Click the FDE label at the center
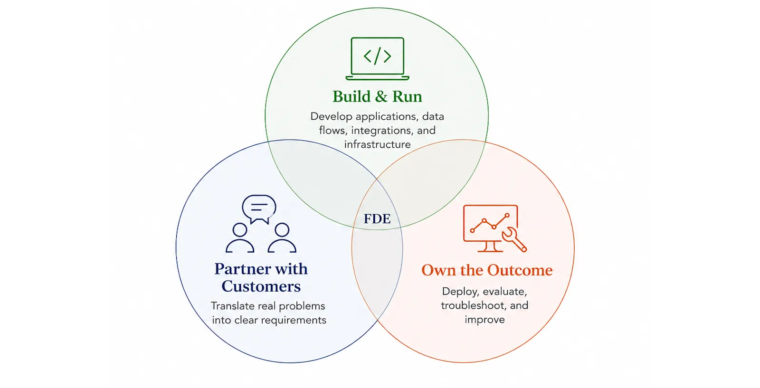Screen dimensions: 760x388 tap(377, 219)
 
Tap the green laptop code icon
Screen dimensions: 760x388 tap(377, 59)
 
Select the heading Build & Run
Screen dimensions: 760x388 tap(377, 96)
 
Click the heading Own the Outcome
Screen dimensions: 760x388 tap(487, 270)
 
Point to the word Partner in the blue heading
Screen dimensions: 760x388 tap(241, 269)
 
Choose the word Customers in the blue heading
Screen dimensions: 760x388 tap(261, 286)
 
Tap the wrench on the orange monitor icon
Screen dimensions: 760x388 tap(514, 239)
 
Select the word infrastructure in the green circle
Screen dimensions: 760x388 tap(377, 144)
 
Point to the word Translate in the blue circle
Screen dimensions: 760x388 tap(233, 306)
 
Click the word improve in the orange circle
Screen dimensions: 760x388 tap(484, 320)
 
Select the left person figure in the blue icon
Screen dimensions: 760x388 tap(240, 238)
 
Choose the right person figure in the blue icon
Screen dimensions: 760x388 tap(282, 238)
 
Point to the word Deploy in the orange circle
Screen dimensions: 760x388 tap(461, 292)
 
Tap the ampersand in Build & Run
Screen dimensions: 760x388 tap(381, 96)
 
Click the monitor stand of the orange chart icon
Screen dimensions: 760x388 tap(490, 246)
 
